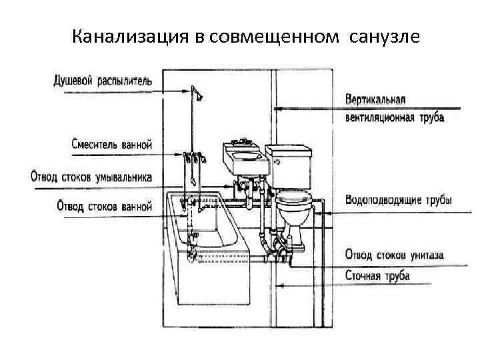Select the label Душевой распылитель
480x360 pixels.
103,82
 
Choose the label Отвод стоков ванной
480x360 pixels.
105,206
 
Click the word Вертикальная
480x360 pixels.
376,100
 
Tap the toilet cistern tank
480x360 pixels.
289,163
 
